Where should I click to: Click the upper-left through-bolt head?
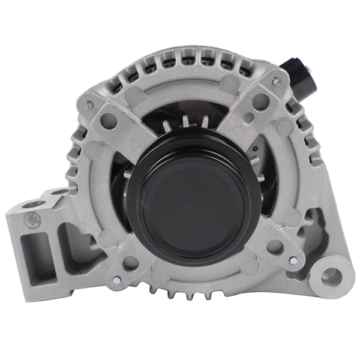(89, 105)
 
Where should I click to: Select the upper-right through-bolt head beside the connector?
(275, 81)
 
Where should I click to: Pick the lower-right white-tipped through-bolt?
(292, 261)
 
